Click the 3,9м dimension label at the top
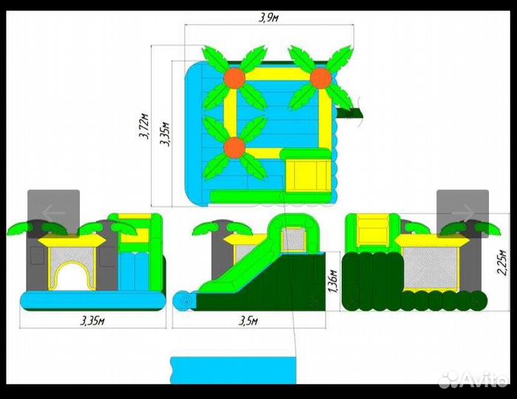pyautogui.click(x=268, y=18)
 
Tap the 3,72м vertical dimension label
pyautogui.click(x=143, y=126)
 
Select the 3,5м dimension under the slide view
pyautogui.click(x=249, y=321)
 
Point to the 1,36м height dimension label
pyautogui.click(x=333, y=282)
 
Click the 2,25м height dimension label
pyautogui.click(x=501, y=262)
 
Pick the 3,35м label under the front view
pyautogui.click(x=92, y=321)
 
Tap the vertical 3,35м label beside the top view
pyautogui.click(x=164, y=134)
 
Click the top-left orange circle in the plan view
pyautogui.click(x=235, y=78)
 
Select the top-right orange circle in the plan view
pyautogui.click(x=321, y=78)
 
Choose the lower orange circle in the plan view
pyautogui.click(x=234, y=148)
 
